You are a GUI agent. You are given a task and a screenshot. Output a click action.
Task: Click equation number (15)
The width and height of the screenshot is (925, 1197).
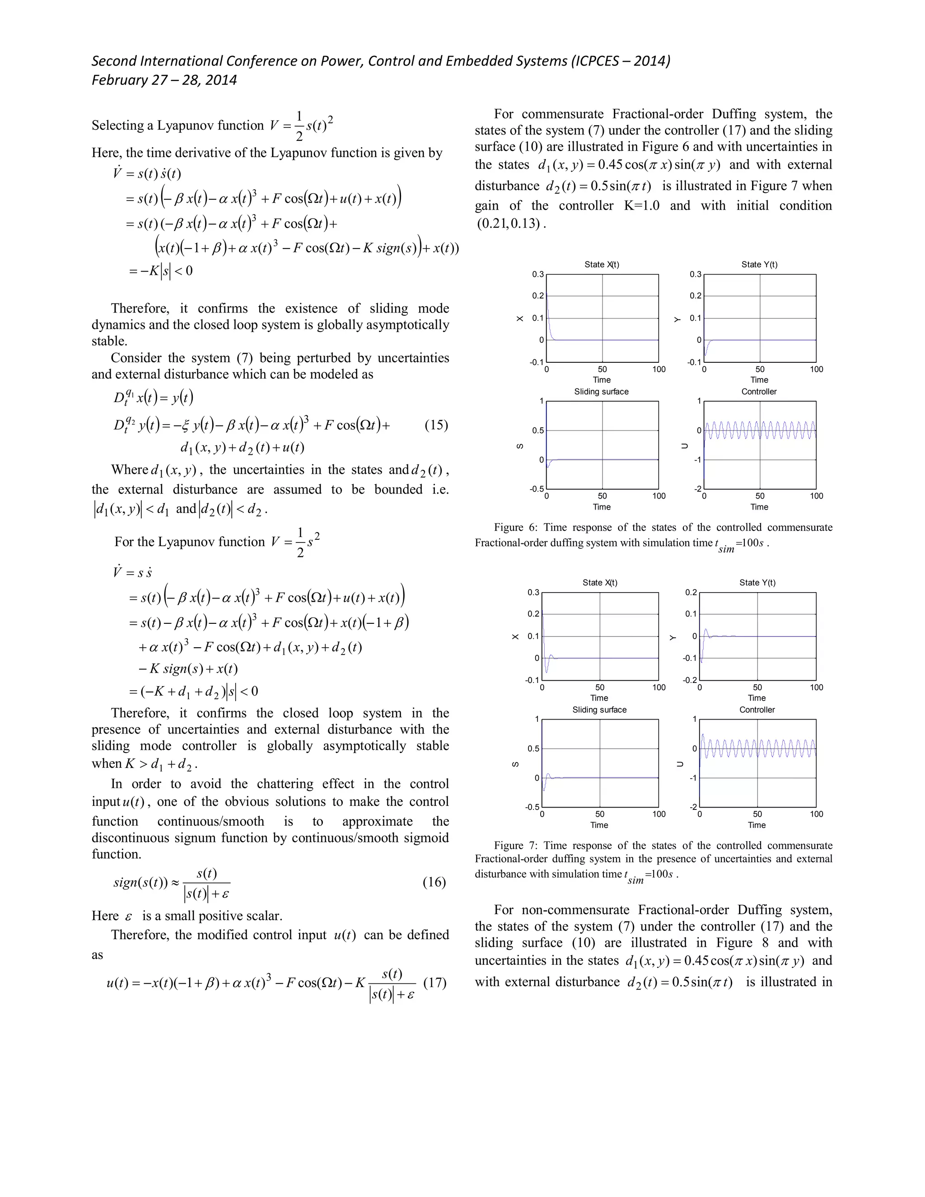click(x=436, y=425)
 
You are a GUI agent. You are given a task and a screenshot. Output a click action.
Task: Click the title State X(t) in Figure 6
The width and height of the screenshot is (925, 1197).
click(x=601, y=264)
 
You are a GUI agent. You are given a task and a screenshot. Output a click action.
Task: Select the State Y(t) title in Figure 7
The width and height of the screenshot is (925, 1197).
click(x=757, y=583)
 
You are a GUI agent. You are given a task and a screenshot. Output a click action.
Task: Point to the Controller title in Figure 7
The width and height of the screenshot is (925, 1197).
click(x=757, y=710)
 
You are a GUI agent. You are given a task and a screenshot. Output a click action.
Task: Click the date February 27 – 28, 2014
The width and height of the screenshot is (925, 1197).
click(x=164, y=80)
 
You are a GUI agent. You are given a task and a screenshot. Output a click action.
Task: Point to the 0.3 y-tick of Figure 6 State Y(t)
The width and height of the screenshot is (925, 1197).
click(x=695, y=274)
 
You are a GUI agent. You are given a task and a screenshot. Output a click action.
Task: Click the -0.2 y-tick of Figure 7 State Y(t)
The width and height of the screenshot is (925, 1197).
click(x=690, y=680)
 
